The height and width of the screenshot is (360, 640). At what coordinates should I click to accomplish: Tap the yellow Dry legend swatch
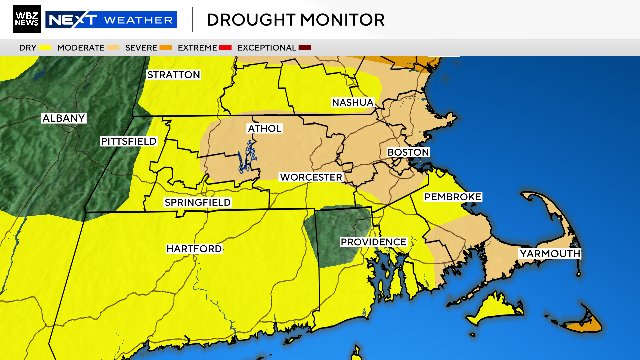point(47,48)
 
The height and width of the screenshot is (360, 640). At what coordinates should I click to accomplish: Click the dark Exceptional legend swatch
point(305,48)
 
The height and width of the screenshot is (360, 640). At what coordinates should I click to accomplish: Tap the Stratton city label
point(174,75)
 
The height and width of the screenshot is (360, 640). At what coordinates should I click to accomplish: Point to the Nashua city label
point(353,103)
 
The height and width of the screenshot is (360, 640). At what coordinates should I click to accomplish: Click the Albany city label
point(63,118)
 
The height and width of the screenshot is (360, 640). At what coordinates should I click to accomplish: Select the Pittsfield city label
point(129,142)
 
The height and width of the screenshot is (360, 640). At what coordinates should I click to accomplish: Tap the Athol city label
point(264,129)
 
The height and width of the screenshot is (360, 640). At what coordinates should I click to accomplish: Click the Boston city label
point(408,152)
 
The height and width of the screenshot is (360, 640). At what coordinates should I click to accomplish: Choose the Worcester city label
point(311,177)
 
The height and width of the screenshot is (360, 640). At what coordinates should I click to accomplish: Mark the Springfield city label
point(198,203)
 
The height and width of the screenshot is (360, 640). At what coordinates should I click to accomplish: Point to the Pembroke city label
point(453,196)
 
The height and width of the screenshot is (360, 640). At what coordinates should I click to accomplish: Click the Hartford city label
point(194,248)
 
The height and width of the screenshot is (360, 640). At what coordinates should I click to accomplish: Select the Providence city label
point(373,242)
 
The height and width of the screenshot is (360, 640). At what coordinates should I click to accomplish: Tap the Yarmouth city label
point(549,254)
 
